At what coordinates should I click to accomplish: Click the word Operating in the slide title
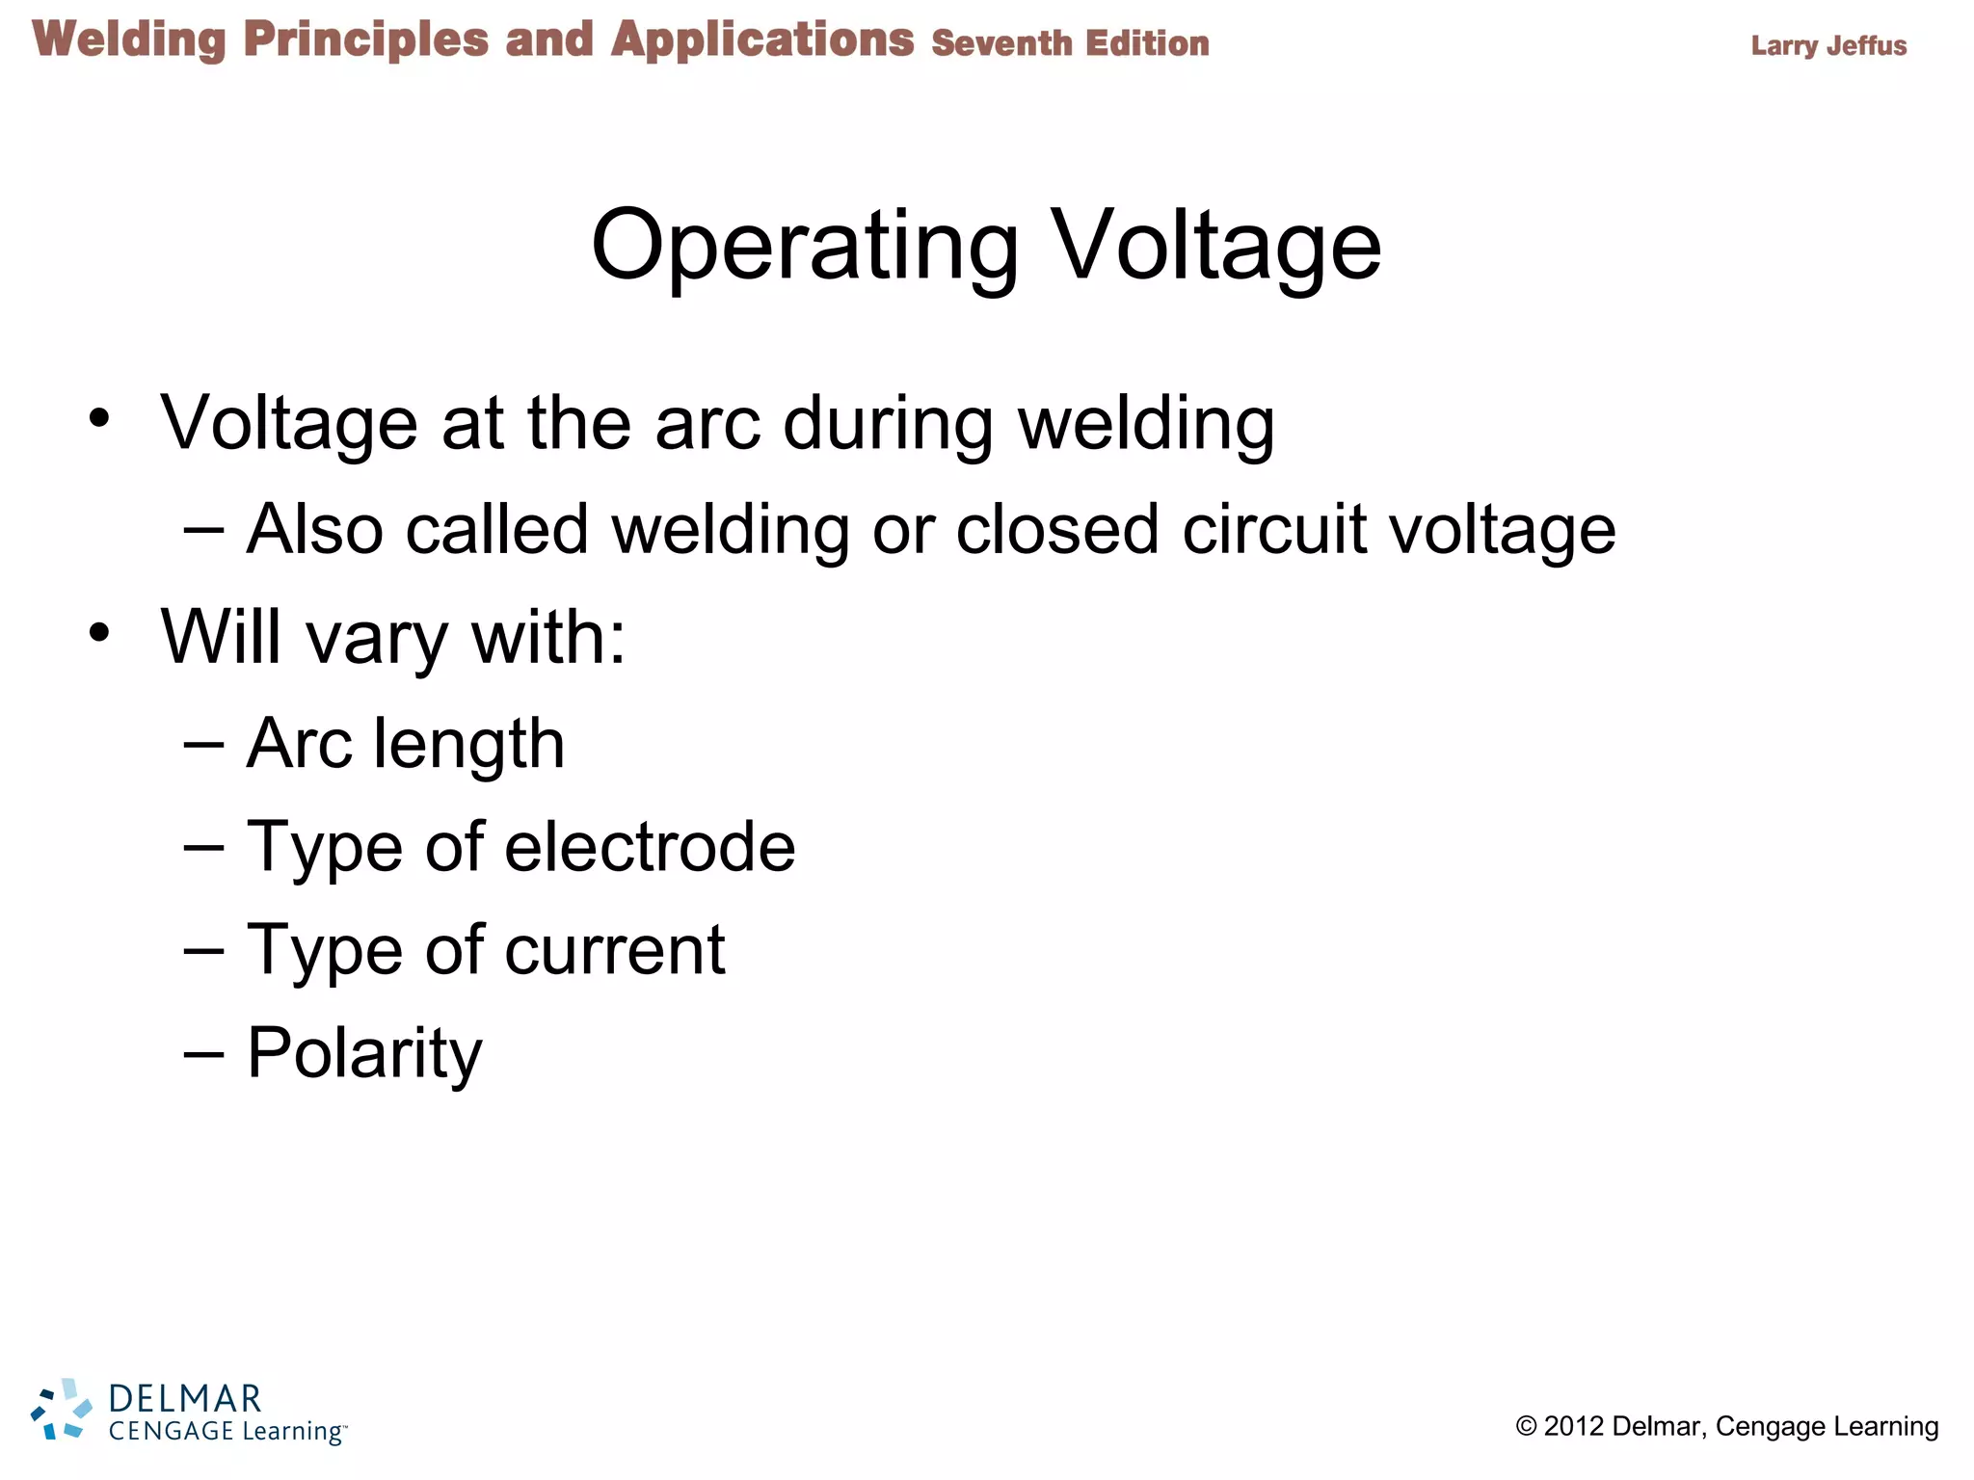(x=805, y=246)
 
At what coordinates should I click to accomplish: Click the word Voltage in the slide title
(x=1215, y=246)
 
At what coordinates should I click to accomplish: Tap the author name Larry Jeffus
(x=1828, y=45)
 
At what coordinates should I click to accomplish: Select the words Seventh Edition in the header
(x=1070, y=43)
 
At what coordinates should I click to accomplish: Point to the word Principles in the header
(x=366, y=40)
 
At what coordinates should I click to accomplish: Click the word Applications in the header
(x=762, y=40)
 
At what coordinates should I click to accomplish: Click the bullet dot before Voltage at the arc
(x=99, y=419)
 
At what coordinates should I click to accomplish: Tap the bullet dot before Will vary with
(x=99, y=633)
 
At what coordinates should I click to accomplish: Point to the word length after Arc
(x=468, y=745)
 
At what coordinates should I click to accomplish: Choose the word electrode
(x=650, y=847)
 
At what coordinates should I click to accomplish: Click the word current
(x=615, y=950)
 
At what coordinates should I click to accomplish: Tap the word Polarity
(x=364, y=1054)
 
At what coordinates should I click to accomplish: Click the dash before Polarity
(x=203, y=1054)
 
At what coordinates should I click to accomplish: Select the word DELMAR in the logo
(x=185, y=1398)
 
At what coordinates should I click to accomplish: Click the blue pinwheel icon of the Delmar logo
(x=62, y=1410)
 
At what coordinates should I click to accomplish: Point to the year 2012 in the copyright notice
(x=1574, y=1427)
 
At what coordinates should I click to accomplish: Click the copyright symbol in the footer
(x=1526, y=1427)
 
